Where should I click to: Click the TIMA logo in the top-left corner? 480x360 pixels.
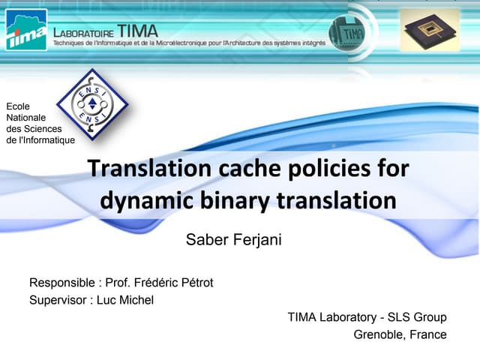(26, 30)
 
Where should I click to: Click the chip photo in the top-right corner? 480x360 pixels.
(429, 30)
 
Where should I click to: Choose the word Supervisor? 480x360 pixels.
(58, 300)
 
